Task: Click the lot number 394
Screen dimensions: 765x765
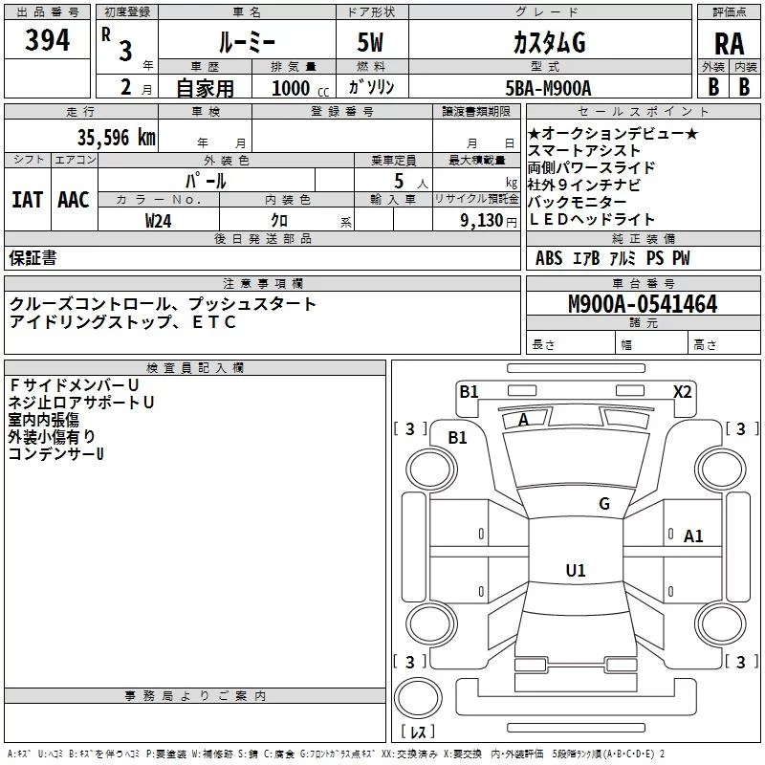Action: pos(47,40)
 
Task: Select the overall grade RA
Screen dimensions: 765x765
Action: pos(729,44)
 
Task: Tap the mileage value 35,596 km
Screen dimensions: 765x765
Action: pos(116,138)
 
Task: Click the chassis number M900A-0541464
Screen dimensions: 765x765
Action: pos(643,304)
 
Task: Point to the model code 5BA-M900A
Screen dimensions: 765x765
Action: pos(548,88)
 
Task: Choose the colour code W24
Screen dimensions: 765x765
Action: pos(158,221)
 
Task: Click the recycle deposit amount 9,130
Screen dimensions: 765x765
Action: pos(481,221)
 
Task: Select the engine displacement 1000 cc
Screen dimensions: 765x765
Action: pos(300,88)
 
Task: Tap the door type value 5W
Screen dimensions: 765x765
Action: pos(370,42)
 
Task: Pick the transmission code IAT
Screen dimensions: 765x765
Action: pos(28,200)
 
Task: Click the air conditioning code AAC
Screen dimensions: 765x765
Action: pos(74,200)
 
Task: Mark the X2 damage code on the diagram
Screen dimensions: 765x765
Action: pos(682,392)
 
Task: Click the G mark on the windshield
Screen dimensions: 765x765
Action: pos(604,504)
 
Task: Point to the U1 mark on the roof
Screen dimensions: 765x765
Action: pos(576,570)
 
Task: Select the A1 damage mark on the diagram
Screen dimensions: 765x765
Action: pos(692,536)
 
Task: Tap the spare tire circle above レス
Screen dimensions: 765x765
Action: pos(418,698)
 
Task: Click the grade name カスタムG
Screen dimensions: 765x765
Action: pos(549,43)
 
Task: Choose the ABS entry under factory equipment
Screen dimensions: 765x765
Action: pos(549,258)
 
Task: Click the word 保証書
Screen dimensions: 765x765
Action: pos(33,257)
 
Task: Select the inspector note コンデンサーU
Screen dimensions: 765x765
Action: pos(56,453)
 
